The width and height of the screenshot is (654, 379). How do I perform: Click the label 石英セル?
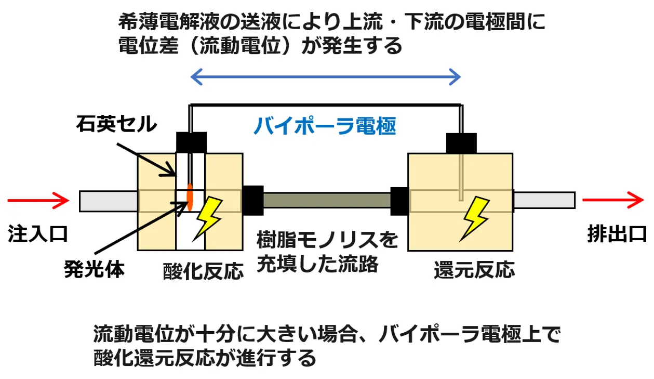point(116,124)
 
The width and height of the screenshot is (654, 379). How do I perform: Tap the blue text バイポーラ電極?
point(325,126)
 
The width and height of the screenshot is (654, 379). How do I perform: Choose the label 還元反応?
point(474,270)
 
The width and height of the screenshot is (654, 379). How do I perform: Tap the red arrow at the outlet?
point(613,200)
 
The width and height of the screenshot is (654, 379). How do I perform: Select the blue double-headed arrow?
point(326,78)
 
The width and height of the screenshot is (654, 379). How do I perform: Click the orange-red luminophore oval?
point(190,196)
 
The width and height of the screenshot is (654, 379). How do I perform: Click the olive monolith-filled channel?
point(327,200)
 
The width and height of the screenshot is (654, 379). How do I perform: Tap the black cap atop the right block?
point(461,143)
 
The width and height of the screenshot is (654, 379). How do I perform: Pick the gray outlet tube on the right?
point(544,200)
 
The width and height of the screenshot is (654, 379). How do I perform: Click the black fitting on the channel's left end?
point(252,201)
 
